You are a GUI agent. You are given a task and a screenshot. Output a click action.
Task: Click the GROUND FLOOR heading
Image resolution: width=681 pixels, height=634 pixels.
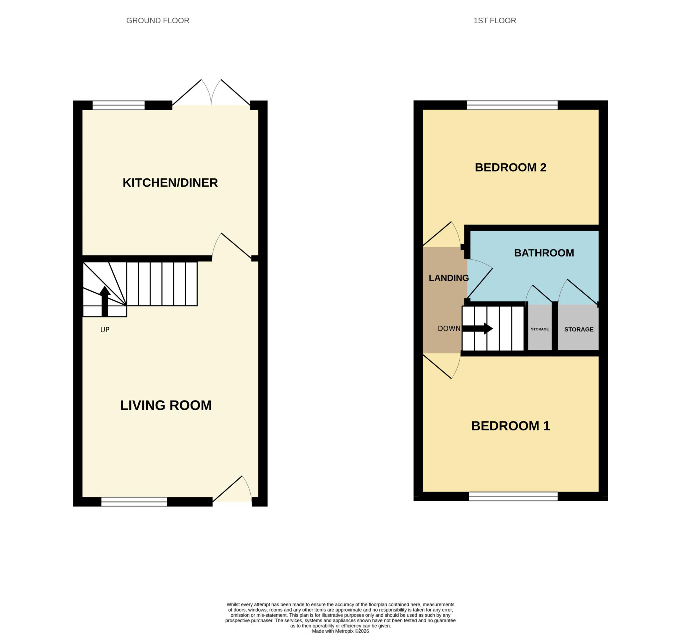tap(158, 21)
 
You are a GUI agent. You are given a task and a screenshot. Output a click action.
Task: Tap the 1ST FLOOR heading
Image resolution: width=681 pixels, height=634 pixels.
tap(495, 21)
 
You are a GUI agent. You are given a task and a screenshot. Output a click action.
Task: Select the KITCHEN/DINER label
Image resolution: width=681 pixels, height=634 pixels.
tap(170, 183)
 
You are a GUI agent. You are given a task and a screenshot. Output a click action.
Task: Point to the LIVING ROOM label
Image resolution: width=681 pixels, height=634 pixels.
tap(166, 405)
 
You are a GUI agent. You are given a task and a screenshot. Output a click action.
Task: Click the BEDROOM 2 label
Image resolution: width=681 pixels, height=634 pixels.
tap(510, 167)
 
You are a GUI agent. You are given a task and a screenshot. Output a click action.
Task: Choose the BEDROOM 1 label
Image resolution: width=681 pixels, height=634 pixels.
tap(510, 426)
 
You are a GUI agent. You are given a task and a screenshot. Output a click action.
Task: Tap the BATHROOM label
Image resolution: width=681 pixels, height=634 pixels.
tap(544, 253)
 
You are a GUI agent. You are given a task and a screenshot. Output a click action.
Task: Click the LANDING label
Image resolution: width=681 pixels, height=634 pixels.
tap(449, 278)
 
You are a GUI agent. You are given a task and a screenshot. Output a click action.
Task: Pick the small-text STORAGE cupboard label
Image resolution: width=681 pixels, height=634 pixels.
tap(540, 329)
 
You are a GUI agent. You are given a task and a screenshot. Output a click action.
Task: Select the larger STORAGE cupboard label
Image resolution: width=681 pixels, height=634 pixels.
tap(579, 329)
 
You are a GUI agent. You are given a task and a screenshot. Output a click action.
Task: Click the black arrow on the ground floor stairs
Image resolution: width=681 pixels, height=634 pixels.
tap(105, 301)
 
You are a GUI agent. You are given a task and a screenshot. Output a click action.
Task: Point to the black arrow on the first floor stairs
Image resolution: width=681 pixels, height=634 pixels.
tap(477, 328)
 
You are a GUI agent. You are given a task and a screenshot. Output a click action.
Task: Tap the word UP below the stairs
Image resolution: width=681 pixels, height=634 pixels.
tap(105, 330)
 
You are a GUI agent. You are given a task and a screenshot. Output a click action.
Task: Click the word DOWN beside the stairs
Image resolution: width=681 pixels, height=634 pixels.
tap(449, 328)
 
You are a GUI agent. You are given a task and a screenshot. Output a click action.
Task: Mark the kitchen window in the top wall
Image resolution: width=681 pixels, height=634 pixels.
tap(118, 105)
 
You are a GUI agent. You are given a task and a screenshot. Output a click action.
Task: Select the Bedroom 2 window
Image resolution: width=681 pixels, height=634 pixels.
tap(512, 105)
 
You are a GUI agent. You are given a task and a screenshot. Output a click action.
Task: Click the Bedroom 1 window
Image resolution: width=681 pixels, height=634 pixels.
tap(513, 496)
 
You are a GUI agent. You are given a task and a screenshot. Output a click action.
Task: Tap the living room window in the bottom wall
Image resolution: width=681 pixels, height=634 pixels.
tap(134, 502)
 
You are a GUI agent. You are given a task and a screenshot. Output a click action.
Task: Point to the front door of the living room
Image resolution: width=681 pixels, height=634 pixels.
tap(232, 491)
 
